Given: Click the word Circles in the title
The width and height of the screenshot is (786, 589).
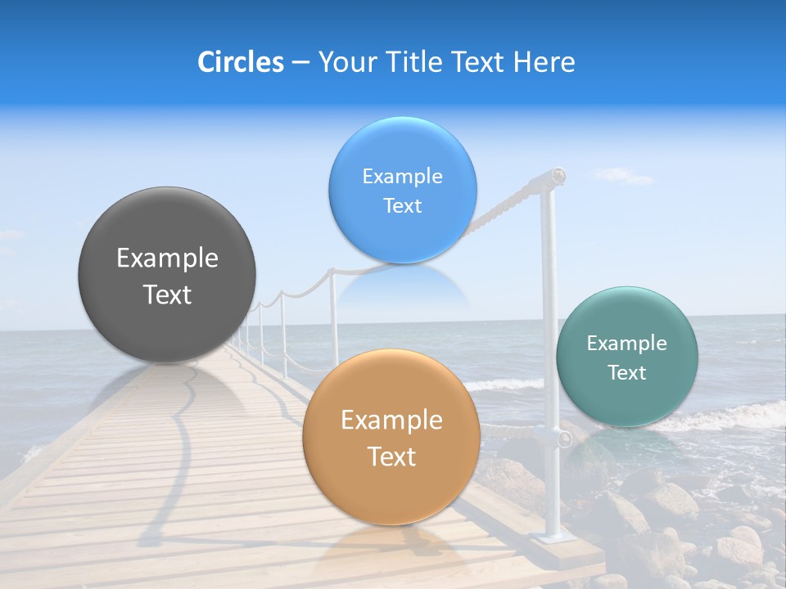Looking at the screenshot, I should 240,62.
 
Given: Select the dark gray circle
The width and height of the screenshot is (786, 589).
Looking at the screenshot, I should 167,275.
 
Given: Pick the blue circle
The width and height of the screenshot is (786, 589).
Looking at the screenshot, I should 402,190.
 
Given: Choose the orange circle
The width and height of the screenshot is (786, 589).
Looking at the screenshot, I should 391,438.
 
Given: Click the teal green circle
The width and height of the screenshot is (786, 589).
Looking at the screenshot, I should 627,357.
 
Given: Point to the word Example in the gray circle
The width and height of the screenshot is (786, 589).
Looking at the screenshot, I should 167,259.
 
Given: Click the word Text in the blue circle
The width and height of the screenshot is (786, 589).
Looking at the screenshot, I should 402,206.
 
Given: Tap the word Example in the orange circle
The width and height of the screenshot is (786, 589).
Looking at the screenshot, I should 391,420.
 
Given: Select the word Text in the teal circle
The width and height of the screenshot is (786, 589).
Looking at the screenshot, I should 627,373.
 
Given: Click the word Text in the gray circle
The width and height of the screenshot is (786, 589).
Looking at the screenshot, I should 167,294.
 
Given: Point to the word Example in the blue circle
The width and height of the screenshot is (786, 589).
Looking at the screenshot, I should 402,177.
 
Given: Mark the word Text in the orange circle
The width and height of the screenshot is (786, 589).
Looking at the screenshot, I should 391,456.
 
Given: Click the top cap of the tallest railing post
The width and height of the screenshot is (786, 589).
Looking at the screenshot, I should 558,175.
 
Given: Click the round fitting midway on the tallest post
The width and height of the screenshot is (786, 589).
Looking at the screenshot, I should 564,438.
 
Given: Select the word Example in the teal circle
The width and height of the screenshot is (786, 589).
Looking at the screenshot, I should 627,344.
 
